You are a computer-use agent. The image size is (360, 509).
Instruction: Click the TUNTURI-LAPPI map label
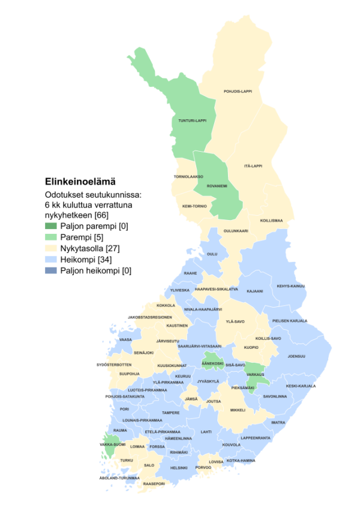click(x=192, y=121)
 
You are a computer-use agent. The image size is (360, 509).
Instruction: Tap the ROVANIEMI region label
click(x=217, y=186)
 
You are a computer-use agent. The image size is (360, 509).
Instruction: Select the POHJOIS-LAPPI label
click(x=241, y=91)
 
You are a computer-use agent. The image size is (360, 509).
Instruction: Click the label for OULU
click(x=212, y=254)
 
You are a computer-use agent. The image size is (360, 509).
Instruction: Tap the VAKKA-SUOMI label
click(x=112, y=444)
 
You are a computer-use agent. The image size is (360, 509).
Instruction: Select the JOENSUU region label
click(x=296, y=356)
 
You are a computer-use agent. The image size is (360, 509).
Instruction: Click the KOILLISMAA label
click(x=271, y=221)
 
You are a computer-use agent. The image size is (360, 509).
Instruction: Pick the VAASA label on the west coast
click(x=125, y=339)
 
